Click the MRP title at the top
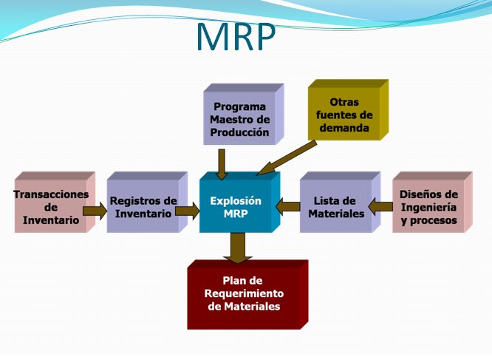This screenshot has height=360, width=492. pos(236,36)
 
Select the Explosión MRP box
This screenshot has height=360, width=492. pos(236,206)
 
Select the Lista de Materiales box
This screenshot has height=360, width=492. pos(335,207)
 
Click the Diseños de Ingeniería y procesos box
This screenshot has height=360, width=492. pos(428,207)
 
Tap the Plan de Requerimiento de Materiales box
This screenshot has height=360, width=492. pos(244,293)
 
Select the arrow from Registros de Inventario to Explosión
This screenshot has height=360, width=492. pos(188,211)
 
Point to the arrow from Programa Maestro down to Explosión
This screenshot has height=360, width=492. pos(222,163)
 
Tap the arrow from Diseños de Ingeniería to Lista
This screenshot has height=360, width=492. pos(380,206)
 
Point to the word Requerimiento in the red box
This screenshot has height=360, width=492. pos(244,293)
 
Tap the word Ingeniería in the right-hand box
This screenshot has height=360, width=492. pos(428,208)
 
